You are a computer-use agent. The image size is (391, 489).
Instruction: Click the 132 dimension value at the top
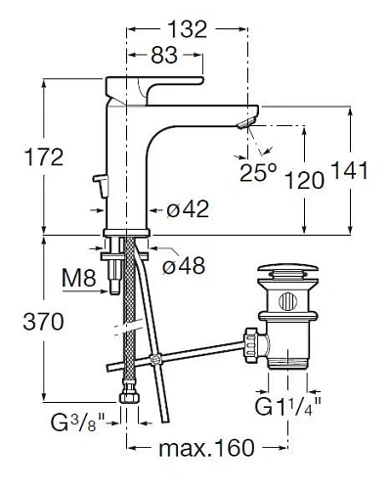[188, 29]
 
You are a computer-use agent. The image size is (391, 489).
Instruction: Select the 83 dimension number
[164, 55]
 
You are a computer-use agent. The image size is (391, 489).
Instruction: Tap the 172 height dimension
[44, 157]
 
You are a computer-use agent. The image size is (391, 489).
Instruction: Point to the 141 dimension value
[349, 170]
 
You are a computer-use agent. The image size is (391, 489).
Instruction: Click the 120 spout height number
[305, 180]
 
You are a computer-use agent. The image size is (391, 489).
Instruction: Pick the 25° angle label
[258, 172]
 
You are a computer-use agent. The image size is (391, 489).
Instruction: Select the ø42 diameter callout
[188, 209]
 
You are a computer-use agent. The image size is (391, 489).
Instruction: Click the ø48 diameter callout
[184, 266]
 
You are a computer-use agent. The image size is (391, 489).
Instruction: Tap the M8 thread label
[79, 279]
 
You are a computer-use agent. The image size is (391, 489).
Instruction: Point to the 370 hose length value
[44, 322]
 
